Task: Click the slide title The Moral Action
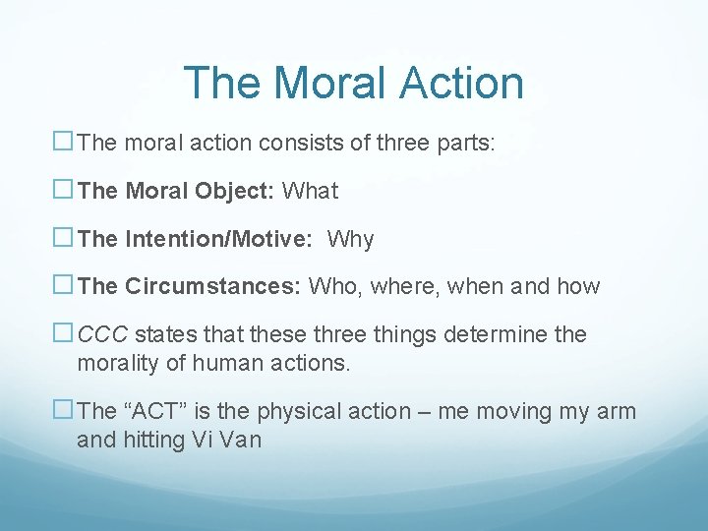pyautogui.click(x=353, y=83)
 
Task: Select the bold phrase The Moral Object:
pyautogui.click(x=175, y=191)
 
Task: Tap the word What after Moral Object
pyautogui.click(x=310, y=191)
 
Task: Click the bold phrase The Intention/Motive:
pyautogui.click(x=197, y=239)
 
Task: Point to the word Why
pyautogui.click(x=350, y=239)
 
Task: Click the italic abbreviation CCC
pyautogui.click(x=99, y=334)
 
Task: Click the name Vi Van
pyautogui.click(x=226, y=440)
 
